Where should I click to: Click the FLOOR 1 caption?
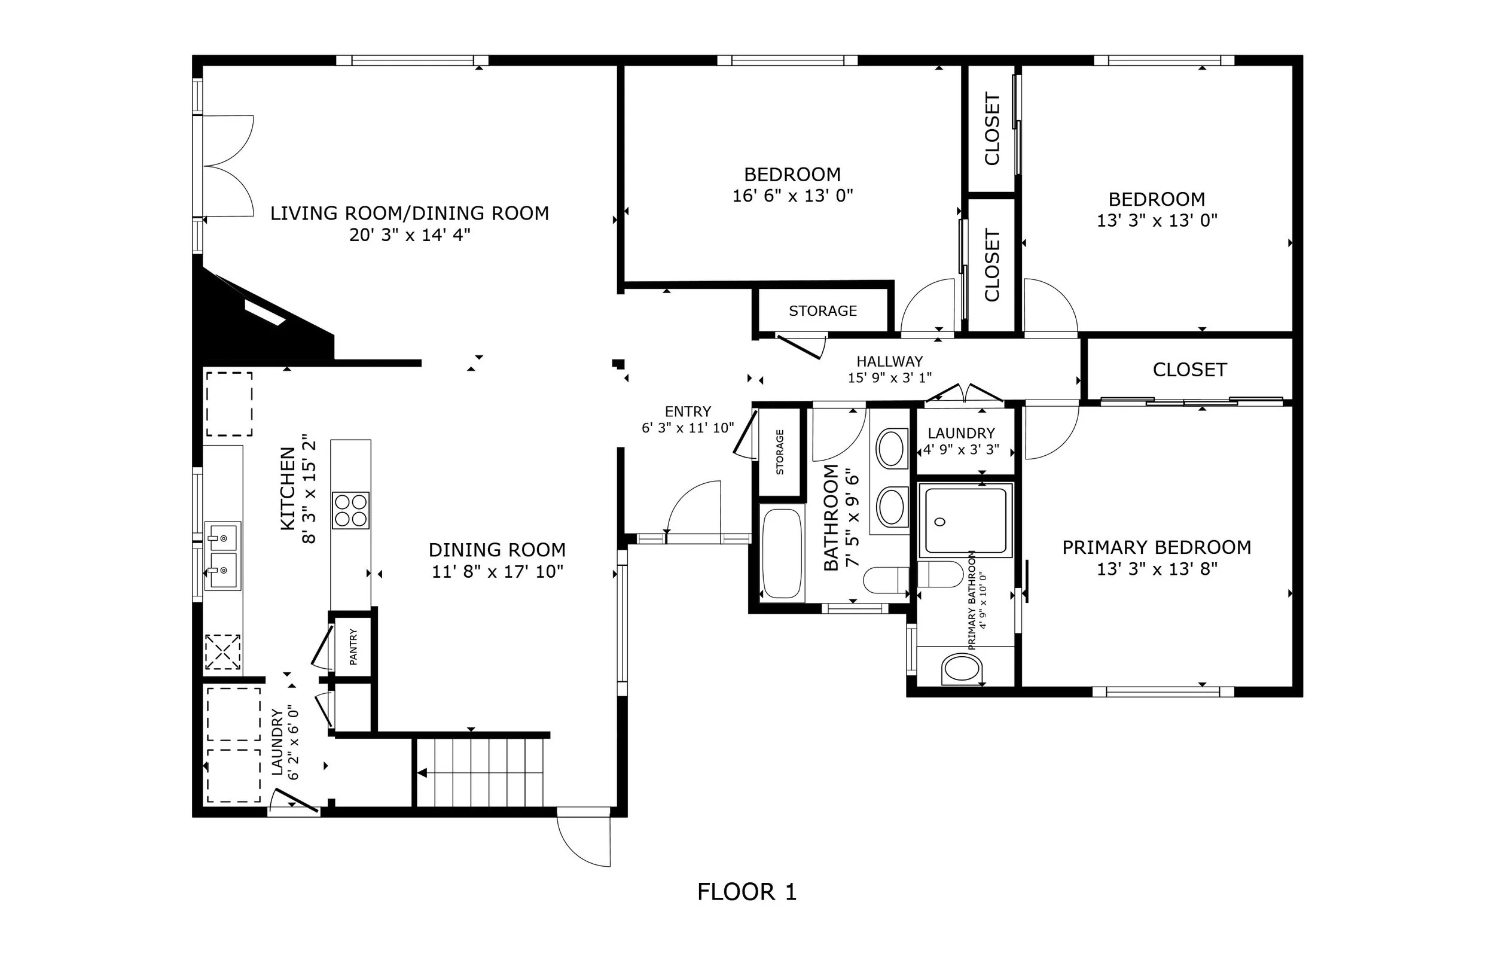[747, 892]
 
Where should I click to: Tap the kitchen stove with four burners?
[350, 510]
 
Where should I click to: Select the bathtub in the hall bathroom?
[782, 553]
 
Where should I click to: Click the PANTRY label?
[353, 647]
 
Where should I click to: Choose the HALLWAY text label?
[889, 361]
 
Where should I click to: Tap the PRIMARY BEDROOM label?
[1157, 547]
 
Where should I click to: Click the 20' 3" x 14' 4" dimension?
[410, 235]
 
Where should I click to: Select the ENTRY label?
[688, 412]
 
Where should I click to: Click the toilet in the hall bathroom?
[886, 580]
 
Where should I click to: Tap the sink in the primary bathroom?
[961, 669]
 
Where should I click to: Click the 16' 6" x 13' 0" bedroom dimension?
[793, 196]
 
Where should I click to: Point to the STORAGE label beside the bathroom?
[780, 452]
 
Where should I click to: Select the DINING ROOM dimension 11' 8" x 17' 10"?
[498, 571]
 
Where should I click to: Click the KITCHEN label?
[288, 488]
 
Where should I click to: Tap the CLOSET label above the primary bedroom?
[1189, 370]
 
